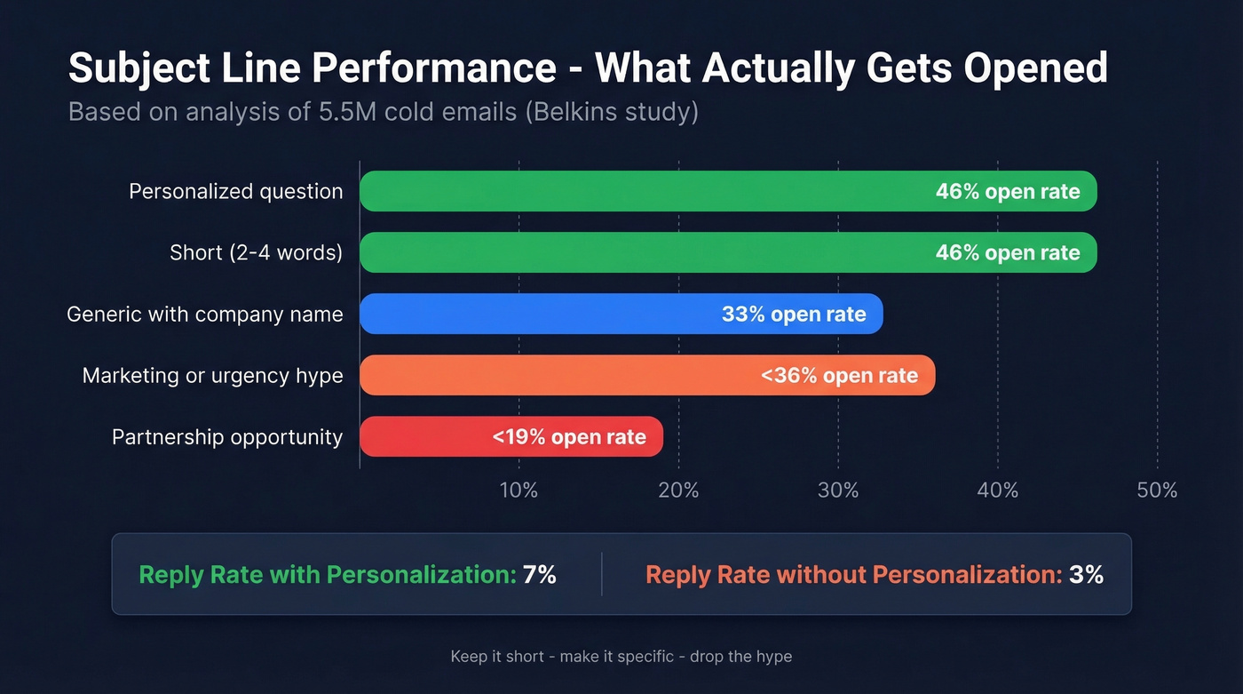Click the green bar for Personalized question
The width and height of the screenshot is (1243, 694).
639,191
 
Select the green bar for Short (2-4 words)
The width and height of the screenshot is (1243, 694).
639,252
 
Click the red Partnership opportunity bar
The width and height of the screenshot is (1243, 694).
426,436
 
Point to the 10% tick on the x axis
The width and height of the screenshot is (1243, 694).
519,491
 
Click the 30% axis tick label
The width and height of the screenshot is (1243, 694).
838,491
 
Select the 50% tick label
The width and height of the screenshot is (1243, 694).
1157,491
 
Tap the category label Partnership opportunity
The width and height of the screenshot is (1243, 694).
227,437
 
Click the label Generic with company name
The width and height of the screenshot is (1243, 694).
205,315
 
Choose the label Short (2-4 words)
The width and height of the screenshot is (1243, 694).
256,253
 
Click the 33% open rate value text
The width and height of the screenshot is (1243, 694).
794,315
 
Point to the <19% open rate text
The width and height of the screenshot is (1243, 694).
569,437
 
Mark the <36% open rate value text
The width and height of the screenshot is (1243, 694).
839,376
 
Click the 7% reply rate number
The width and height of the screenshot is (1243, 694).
539,575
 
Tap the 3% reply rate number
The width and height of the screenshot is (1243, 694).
1086,575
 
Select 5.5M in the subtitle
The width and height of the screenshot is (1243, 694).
344,113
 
